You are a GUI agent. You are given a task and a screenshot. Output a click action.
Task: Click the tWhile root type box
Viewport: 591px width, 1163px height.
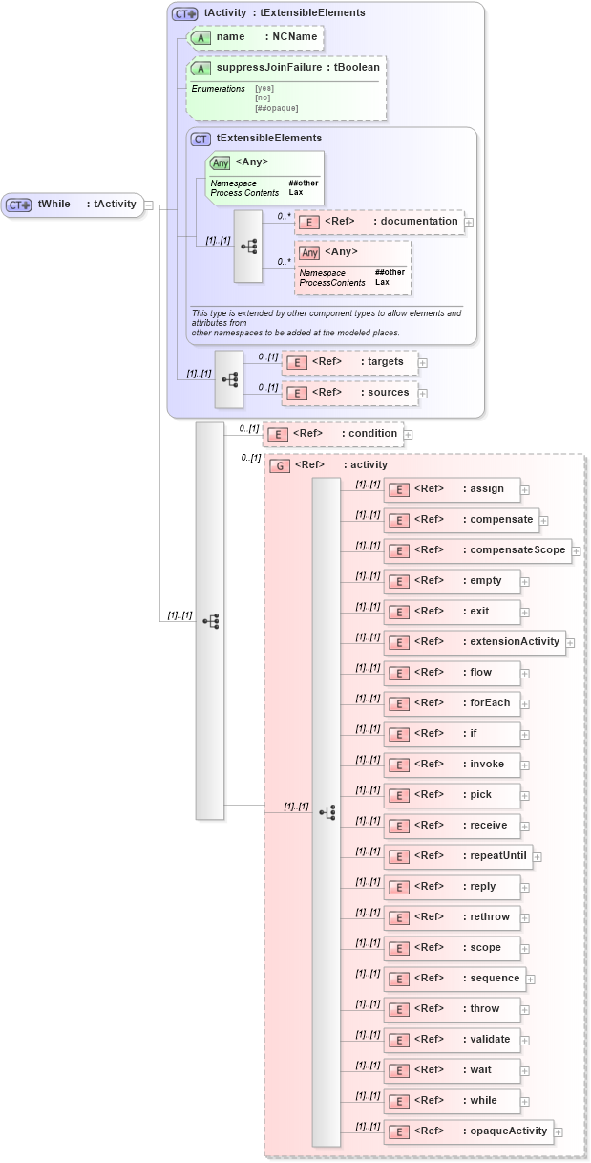pos(73,204)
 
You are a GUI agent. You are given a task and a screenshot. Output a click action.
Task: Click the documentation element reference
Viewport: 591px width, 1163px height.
pos(378,222)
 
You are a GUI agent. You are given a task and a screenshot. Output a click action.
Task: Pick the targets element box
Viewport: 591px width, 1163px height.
pos(349,362)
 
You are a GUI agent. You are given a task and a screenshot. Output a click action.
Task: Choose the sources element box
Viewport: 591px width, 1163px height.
pos(349,393)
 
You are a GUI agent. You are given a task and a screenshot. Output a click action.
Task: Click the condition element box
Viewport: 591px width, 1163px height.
pos(331,434)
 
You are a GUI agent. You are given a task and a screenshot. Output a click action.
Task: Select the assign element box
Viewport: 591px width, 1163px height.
pos(452,489)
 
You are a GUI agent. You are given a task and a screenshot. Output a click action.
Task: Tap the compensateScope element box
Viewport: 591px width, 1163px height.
pos(477,550)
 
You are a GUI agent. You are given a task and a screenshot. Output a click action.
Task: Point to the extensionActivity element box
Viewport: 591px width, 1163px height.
pos(475,642)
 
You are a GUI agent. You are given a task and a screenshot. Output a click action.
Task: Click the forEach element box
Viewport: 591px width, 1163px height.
pos(452,703)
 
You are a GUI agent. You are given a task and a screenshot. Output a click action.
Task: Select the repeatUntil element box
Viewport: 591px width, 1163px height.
pos(457,856)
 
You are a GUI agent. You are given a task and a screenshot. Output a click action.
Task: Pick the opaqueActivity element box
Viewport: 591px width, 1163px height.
pos(468,1131)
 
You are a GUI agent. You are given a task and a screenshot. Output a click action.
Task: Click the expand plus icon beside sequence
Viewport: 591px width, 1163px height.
pos(531,980)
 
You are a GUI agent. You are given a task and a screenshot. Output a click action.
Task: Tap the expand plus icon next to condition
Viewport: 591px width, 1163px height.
pos(409,435)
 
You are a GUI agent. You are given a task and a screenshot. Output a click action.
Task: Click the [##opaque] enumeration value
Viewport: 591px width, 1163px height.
pos(276,108)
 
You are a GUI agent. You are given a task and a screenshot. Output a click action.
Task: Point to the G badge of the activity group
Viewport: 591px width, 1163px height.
pos(280,466)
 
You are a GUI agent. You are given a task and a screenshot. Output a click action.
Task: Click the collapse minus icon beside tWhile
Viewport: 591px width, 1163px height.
pos(149,205)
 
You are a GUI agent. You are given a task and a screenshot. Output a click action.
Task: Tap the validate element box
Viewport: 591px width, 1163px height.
pos(452,1040)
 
